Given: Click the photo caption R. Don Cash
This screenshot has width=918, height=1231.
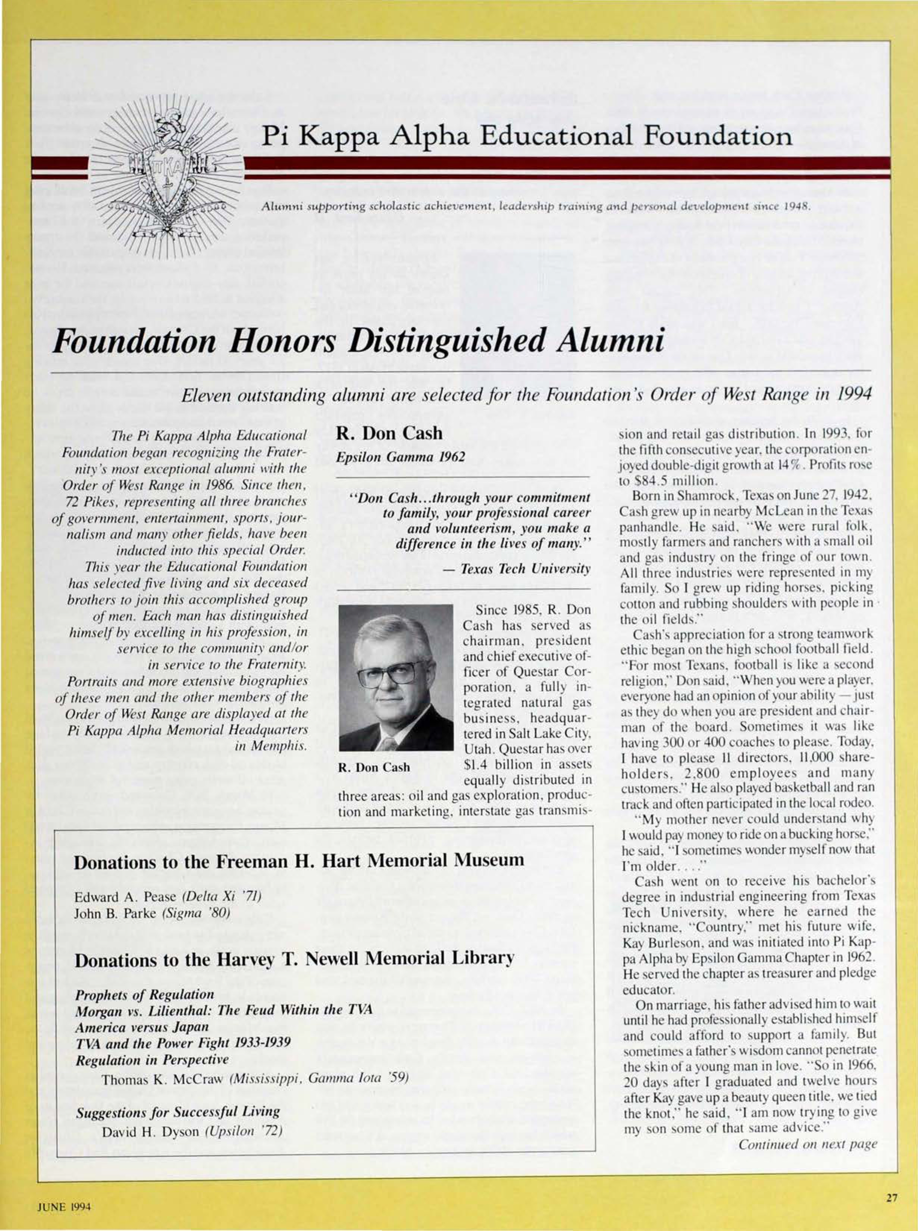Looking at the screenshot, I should click(374, 768).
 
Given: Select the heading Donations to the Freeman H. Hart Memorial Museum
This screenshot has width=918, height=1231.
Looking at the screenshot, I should click(299, 860).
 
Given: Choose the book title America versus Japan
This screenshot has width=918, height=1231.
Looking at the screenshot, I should click(142, 1027).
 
